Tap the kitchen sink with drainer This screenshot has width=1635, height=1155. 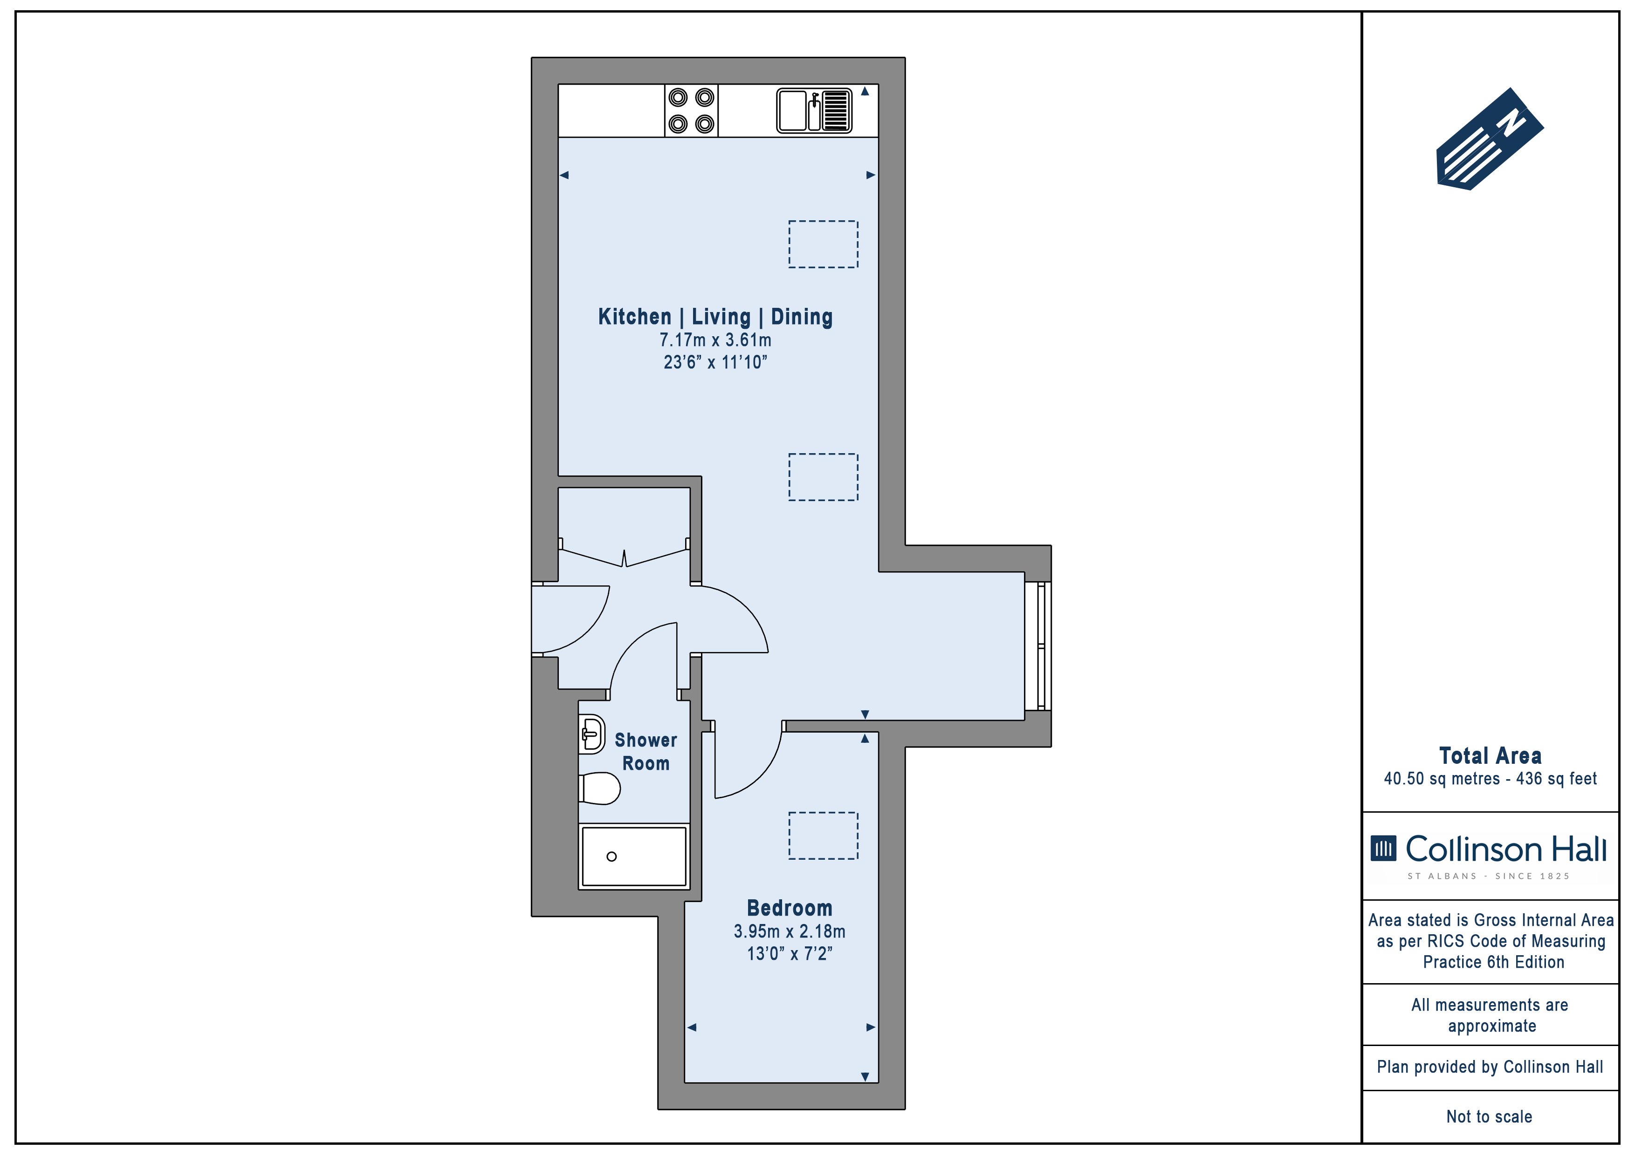814,110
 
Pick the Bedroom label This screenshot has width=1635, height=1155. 789,908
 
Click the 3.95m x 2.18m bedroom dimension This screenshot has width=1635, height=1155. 789,931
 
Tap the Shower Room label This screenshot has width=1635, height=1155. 646,752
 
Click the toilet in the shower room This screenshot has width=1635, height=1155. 599,788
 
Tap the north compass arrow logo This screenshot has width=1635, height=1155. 1489,139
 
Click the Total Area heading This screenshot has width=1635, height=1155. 1490,756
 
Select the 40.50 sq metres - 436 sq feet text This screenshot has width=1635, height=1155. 1490,779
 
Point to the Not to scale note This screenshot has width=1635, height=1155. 1489,1116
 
